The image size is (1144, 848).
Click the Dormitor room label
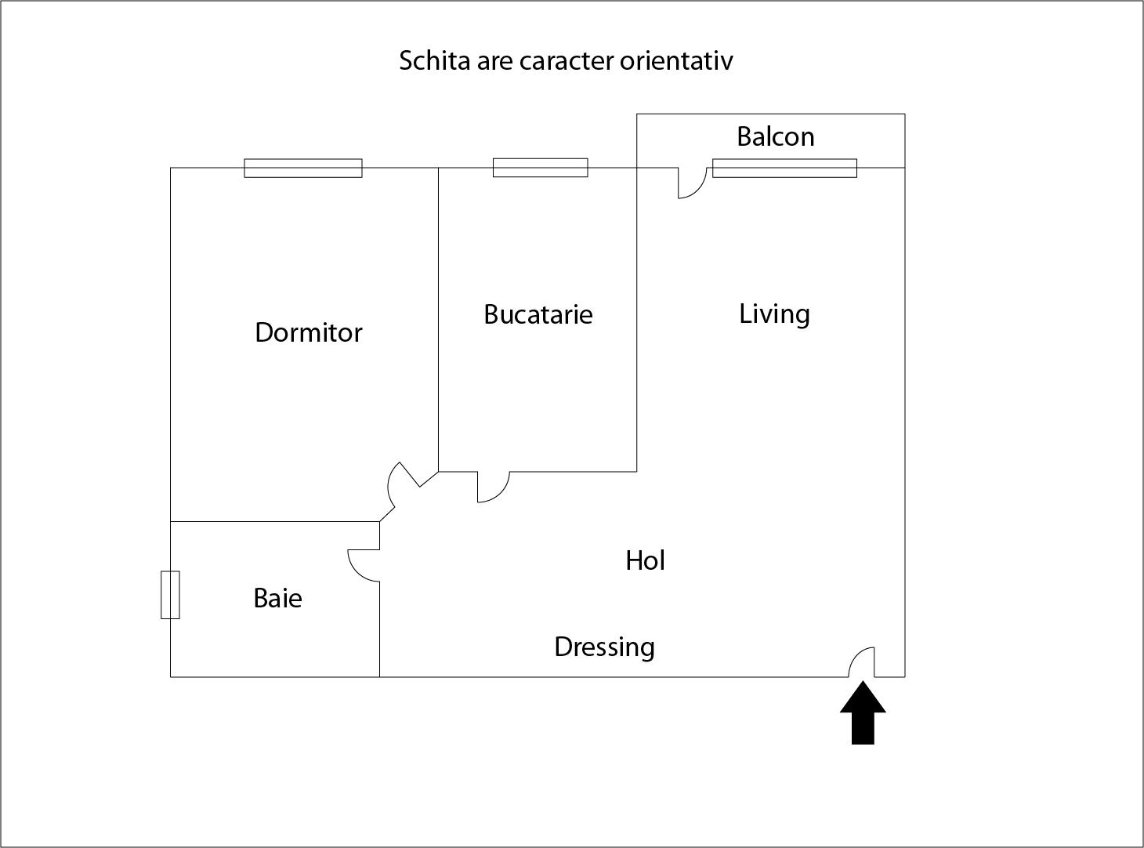pos(309,332)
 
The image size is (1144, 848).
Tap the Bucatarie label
pos(538,314)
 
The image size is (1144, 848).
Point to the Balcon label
pos(775,137)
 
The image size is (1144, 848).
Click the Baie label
pos(277,598)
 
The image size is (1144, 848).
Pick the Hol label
pos(645,560)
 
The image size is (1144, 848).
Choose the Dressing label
pos(604,647)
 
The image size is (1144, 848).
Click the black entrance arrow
pos(863,712)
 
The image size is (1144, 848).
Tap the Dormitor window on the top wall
pos(303,168)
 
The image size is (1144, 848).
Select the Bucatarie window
pos(540,168)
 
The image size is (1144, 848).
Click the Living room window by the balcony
pos(784,168)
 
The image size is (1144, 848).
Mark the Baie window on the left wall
pos(170,595)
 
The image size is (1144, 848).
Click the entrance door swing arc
pos(861,662)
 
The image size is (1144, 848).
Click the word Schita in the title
pos(435,61)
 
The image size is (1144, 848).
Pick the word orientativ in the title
pos(676,61)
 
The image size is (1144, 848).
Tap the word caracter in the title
pos(567,62)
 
